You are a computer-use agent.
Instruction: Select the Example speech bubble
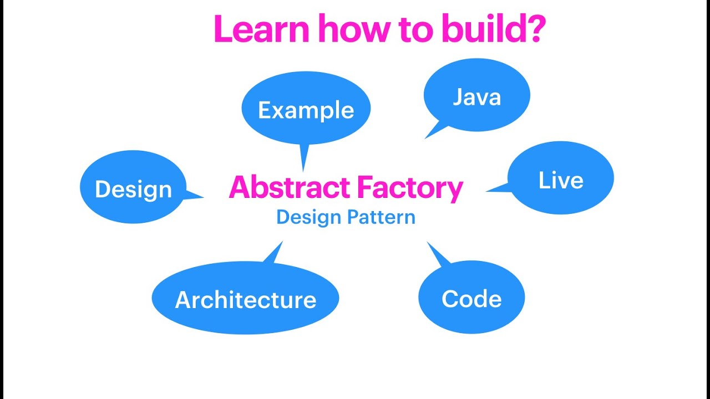[306, 110]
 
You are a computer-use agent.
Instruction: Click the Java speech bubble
[477, 96]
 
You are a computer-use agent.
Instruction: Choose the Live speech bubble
[561, 180]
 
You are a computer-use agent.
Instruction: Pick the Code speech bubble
[471, 298]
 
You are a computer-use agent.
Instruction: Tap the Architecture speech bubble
[245, 299]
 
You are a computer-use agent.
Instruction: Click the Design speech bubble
[133, 189]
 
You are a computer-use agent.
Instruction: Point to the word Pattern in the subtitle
[381, 217]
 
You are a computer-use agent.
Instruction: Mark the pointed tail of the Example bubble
[303, 158]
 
